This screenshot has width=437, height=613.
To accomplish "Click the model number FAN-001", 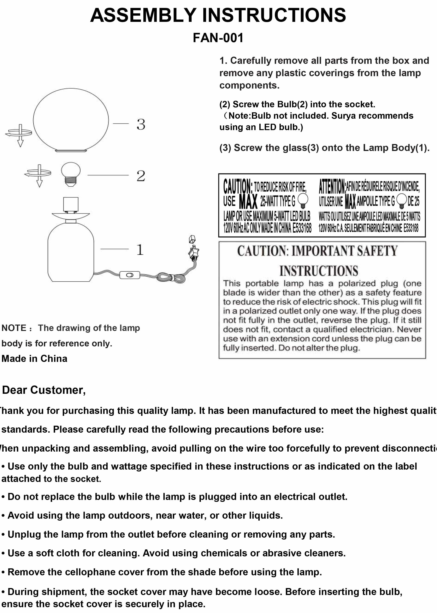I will pos(218,38).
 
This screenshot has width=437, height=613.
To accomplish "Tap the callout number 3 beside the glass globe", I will pos(141,124).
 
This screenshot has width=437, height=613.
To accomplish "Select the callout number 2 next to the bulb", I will pos(141,176).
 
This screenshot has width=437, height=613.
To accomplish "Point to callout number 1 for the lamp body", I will pos(140,250).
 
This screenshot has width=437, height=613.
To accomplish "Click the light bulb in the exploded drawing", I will pos(70,174).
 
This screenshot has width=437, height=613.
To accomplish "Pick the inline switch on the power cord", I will pos(130,275).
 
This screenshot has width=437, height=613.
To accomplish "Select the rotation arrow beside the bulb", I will pos(39,174).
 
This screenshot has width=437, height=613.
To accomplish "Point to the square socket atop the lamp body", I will pos(71,204).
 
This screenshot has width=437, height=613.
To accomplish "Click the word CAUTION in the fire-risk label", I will pos(237,186).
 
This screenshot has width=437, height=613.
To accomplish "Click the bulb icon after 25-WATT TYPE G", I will pos(303,200).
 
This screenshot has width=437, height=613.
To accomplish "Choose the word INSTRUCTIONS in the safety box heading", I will pos(319,271).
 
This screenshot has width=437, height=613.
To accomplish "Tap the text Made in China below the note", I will pos(34,358).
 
